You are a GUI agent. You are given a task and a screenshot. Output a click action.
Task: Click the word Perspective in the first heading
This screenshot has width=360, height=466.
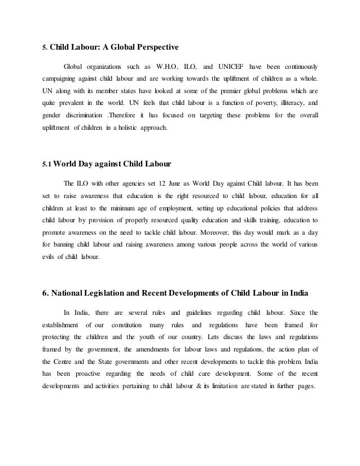[x=153, y=47]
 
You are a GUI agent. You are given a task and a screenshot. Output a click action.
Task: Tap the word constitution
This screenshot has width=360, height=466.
[x=127, y=325]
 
